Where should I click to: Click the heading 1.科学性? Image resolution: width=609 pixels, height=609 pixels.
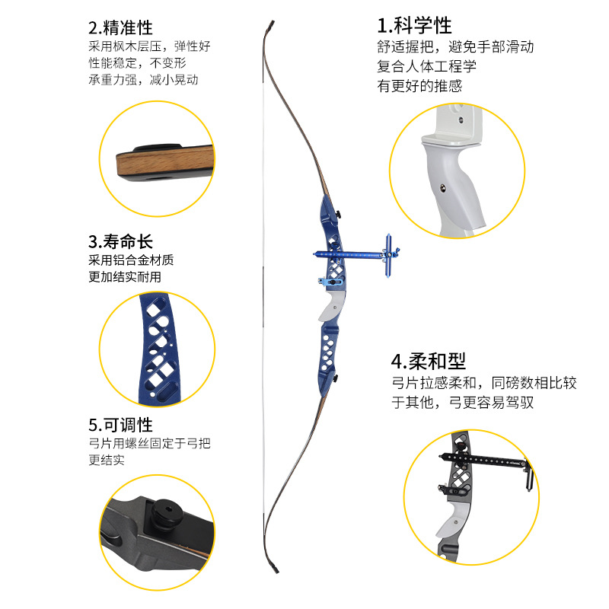(x=414, y=26)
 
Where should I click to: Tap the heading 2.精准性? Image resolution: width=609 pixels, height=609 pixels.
(x=120, y=28)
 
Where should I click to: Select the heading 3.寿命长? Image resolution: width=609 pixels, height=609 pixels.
(x=120, y=241)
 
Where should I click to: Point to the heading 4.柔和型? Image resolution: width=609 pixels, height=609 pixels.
(x=429, y=362)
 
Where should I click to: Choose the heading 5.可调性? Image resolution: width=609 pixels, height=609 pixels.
(x=120, y=425)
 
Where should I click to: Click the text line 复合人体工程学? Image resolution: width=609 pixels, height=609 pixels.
(x=426, y=66)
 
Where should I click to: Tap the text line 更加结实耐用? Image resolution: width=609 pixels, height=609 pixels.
(x=125, y=277)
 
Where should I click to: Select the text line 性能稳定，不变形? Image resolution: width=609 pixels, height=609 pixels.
(x=138, y=63)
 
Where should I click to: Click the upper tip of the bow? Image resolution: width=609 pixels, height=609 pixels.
(x=273, y=22)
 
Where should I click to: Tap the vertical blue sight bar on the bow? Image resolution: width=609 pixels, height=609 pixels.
(x=388, y=256)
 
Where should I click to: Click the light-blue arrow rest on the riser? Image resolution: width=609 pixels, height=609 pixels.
(x=327, y=282)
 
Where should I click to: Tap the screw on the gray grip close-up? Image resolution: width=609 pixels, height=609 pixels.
(x=443, y=189)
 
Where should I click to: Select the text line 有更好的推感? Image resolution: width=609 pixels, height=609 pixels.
(x=419, y=86)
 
